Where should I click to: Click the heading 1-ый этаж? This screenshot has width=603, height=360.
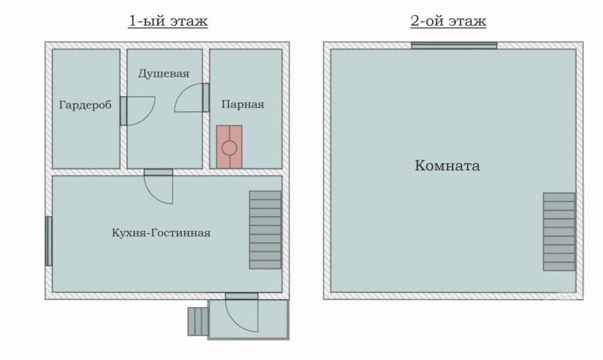coord(168,21)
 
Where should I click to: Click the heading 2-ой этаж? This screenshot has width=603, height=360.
coord(448,21)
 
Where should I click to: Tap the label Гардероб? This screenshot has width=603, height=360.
coord(85,105)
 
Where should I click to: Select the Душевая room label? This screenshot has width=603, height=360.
coord(164,73)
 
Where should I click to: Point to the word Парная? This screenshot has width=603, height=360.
coord(243,104)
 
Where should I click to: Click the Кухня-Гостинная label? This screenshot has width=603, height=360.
coord(161,233)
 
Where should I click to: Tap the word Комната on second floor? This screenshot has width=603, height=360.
coord(447,166)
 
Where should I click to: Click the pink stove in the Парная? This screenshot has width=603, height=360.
coord(229,147)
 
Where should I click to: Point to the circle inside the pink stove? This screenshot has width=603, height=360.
coord(229,148)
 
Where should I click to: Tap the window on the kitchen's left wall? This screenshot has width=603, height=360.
coord(48,241)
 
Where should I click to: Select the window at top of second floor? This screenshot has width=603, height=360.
coord(454,46)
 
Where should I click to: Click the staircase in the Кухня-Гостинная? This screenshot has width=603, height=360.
coord(265,230)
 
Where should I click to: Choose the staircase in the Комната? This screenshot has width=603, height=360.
coord(559,231)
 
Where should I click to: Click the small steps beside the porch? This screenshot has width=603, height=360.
coord(198,321)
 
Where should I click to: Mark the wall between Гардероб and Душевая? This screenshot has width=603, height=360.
coord(124,109)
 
